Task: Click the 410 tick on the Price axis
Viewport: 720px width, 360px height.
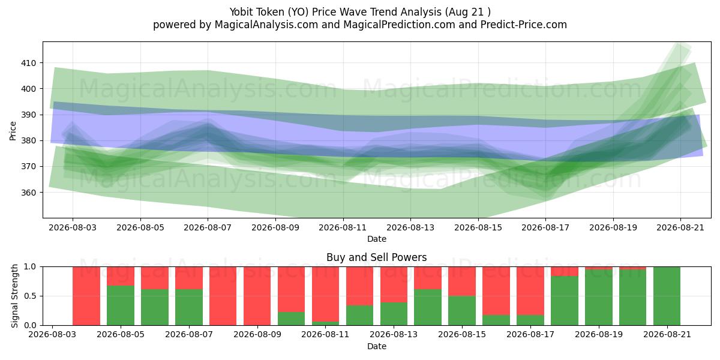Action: coord(28,63)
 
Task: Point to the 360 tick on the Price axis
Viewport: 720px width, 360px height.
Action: coord(28,193)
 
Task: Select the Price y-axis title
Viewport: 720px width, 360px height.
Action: coord(13,131)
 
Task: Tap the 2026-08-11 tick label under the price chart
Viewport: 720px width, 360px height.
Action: coord(343,227)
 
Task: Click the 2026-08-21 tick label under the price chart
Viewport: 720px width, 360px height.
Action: coord(680,227)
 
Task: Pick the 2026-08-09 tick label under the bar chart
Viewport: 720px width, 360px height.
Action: coord(257,335)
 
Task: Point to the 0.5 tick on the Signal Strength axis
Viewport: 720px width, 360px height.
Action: coord(30,296)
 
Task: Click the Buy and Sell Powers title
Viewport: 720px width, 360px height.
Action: coord(376,257)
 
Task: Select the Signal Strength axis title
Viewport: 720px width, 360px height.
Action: coord(14,296)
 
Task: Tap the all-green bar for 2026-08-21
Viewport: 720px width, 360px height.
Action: coord(667,296)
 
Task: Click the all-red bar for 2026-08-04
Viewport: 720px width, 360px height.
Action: coord(86,296)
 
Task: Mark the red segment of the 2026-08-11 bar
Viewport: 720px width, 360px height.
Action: coord(326,294)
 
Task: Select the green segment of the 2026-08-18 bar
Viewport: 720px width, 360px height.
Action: coord(565,301)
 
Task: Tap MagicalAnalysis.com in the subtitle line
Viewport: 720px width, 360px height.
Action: coord(266,25)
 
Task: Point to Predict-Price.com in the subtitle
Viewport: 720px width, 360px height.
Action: coord(524,25)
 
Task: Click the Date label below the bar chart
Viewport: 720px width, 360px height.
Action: coord(377,346)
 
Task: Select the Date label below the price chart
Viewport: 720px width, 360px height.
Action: coord(377,239)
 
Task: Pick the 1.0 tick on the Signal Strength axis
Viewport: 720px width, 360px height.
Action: coord(30,267)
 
